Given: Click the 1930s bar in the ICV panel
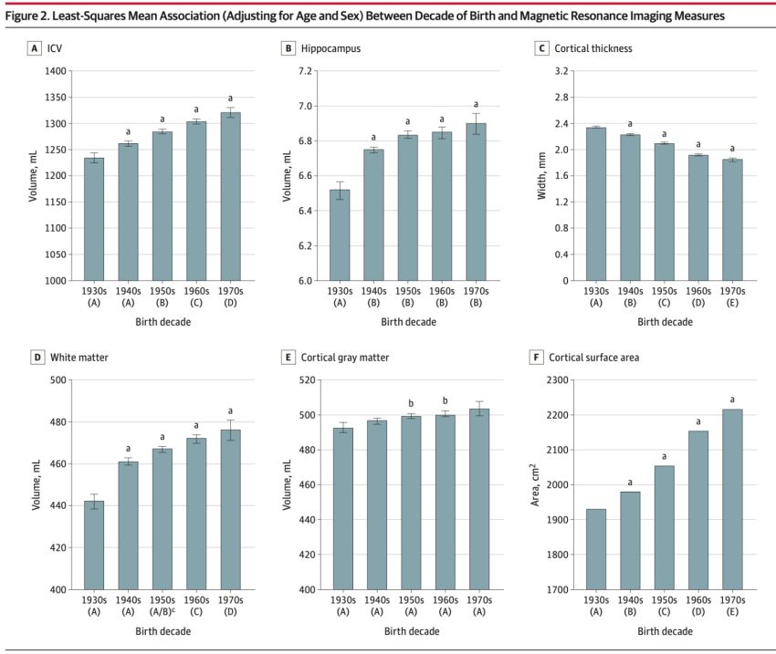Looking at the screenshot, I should click(94, 219).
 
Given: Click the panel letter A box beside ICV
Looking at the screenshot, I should click(34, 47).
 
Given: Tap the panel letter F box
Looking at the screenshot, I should click(540, 357).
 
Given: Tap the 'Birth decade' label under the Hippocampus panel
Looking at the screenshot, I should click(409, 321).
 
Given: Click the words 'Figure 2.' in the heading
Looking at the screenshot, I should click(28, 16).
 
